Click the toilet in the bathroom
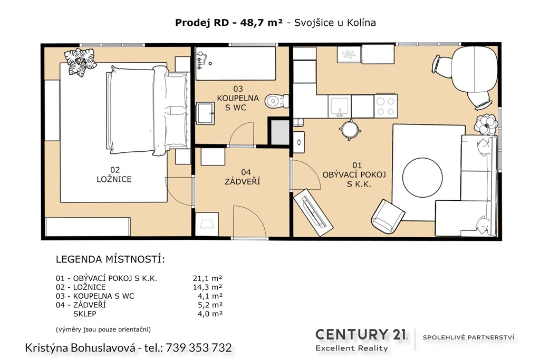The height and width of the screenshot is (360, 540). point(277,101)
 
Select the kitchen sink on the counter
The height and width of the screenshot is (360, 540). point(339,106)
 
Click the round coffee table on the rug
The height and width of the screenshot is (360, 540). point(422,178)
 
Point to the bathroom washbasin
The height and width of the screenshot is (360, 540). point(205,113)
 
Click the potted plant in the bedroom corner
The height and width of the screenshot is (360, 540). point(80,62)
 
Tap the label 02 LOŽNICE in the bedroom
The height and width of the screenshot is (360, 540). point(114,174)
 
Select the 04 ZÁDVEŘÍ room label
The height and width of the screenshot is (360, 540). point(243,177)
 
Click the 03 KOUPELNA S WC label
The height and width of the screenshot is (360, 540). point(238,98)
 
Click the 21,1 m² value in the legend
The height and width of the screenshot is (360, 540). point(207,278)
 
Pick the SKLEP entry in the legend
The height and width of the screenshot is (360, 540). point(85,314)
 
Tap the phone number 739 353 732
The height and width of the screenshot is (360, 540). point(199,347)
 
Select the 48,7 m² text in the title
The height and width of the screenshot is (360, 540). point(262,23)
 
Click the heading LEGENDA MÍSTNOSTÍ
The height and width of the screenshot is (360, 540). point(110,259)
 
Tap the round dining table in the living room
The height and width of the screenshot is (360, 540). point(474,69)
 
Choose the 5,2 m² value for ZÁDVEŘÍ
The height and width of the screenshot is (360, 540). point(210,305)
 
